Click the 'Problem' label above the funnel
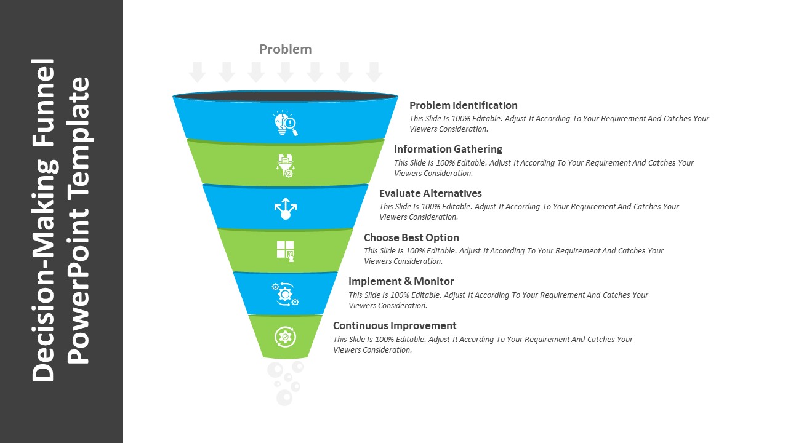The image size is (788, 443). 285,49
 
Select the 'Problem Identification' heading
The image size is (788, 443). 463,105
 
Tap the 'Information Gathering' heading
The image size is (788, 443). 448,149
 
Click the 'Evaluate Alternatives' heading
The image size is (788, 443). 430,193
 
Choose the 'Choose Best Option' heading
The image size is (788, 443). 411,237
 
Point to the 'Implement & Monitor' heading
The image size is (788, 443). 401,281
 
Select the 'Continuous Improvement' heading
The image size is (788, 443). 395,325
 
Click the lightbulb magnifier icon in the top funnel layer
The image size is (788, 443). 286,123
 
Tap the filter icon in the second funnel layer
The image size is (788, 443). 286,166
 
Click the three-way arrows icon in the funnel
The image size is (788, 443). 286,209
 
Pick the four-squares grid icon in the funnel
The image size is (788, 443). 286,250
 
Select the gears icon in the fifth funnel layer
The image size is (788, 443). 286,294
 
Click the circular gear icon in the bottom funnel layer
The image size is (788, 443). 285,337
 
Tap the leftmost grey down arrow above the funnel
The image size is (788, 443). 197,72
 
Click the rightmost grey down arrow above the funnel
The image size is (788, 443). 374,72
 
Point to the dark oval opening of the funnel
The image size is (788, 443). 285,97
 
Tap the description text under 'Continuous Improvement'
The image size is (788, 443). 483,345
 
